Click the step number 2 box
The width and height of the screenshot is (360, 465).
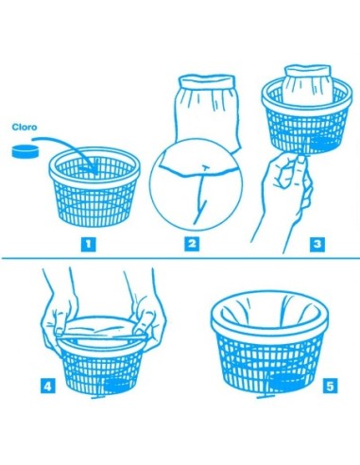pos(192,244)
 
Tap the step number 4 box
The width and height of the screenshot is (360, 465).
pos(46,386)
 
